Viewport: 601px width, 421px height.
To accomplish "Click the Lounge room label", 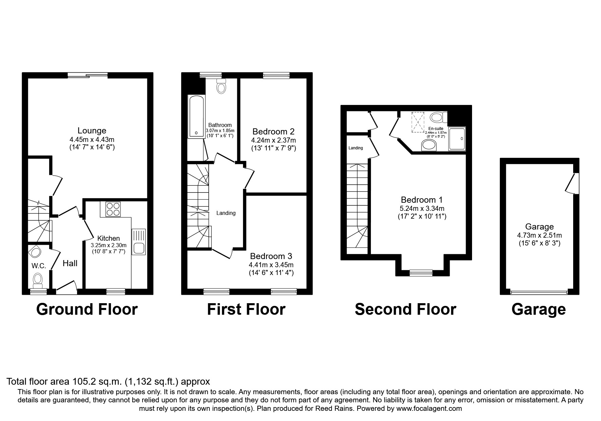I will [92, 131].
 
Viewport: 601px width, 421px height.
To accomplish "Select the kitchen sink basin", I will [139, 248].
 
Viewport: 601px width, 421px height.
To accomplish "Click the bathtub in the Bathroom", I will [196, 117].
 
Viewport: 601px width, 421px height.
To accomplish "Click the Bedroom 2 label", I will [273, 131].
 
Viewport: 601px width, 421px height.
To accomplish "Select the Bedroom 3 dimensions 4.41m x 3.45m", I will [271, 265].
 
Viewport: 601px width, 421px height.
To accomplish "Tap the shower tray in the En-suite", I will [457, 139].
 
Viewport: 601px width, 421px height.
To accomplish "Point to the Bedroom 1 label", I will [421, 200].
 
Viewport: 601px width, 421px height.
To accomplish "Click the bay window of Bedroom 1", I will [421, 272].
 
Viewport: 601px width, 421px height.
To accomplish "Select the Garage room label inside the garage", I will [539, 227].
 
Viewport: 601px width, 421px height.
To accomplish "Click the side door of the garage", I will [573, 184].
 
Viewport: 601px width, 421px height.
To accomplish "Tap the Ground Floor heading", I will [87, 309].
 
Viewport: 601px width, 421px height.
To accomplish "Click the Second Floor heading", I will [405, 309].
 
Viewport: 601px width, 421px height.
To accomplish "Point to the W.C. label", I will [39, 266].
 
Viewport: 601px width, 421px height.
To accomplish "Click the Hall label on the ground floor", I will [70, 263].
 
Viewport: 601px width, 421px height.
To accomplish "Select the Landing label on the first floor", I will [226, 213].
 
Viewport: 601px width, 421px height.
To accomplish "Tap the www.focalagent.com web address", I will [429, 408].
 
